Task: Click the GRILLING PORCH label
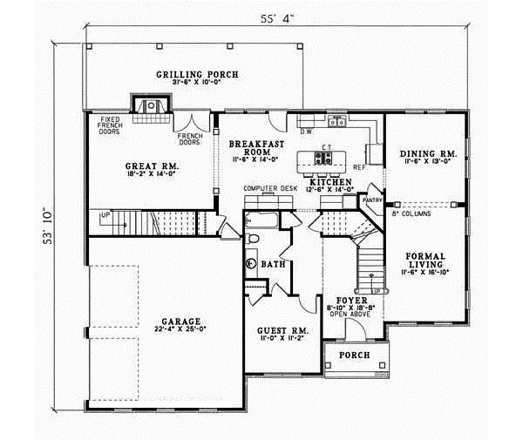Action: tap(196, 74)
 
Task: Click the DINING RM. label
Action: tap(424, 153)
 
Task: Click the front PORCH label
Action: tap(355, 355)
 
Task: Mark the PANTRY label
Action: tap(374, 199)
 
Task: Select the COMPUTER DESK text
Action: tap(270, 188)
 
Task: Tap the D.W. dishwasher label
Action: tap(306, 132)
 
